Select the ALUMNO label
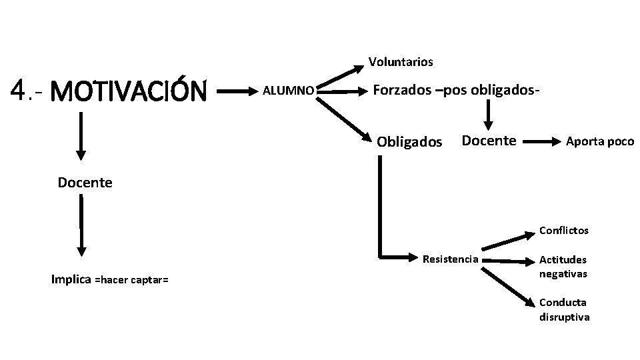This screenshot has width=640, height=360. point(288,90)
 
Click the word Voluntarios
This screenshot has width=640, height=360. point(401,62)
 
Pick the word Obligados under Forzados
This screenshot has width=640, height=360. point(409,141)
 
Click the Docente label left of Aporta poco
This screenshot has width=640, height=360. point(489,141)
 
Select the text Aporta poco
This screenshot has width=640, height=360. point(600,141)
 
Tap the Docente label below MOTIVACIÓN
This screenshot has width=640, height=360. point(85,182)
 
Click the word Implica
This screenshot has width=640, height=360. point(71,279)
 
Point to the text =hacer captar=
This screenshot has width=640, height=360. point(131,281)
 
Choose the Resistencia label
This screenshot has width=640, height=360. point(450,259)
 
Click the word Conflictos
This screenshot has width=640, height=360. point(564,231)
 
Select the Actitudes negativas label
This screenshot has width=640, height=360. point(563,266)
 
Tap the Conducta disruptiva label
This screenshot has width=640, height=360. point(564,310)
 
